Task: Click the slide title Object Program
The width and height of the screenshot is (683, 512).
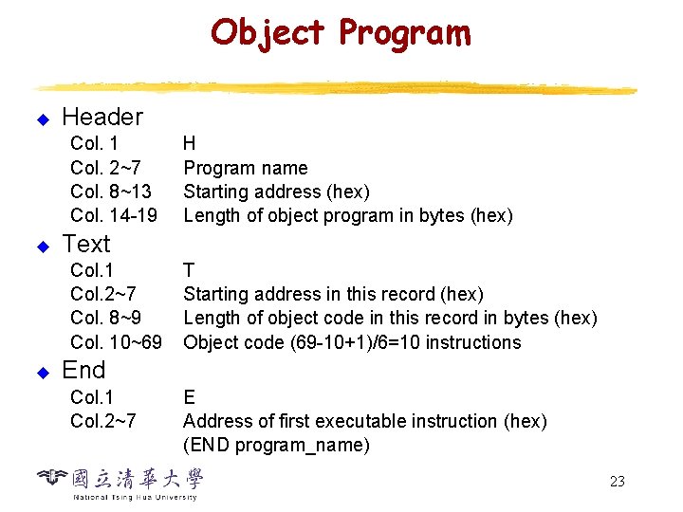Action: click(x=341, y=33)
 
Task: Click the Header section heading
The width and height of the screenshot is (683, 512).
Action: click(x=102, y=118)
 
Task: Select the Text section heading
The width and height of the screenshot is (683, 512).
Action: click(x=86, y=244)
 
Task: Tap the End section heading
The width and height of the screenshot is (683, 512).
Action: click(x=83, y=370)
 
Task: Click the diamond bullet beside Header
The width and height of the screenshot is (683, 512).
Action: click(x=42, y=120)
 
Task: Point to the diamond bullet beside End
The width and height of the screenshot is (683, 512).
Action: click(x=42, y=373)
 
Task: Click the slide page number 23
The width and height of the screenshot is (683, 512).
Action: click(x=617, y=482)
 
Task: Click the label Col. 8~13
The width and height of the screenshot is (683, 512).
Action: click(x=111, y=192)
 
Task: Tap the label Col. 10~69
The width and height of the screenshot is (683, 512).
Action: click(x=116, y=342)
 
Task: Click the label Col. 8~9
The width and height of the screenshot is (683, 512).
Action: click(x=106, y=319)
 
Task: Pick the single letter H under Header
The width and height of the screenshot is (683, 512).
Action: click(x=190, y=144)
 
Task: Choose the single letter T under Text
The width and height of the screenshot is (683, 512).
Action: click(x=189, y=270)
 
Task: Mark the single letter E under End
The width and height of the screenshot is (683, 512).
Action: click(x=189, y=396)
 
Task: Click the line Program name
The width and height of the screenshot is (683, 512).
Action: click(x=246, y=169)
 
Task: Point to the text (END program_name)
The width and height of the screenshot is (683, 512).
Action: click(x=276, y=445)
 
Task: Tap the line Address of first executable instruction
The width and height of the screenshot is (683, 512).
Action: click(x=364, y=421)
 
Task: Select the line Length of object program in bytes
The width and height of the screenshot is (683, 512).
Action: click(x=347, y=216)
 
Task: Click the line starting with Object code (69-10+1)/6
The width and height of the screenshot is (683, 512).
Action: click(x=352, y=342)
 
